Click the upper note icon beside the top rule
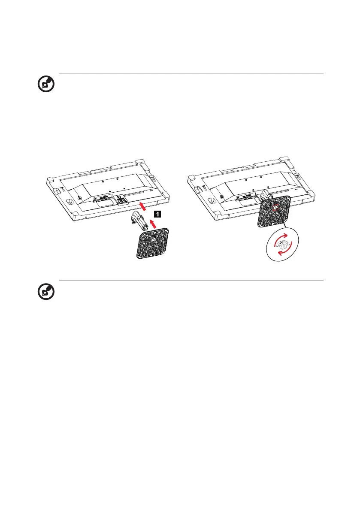click(46, 84)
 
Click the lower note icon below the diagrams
click(46, 292)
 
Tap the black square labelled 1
click(157, 214)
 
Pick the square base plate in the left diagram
click(153, 243)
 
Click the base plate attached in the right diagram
click(274, 212)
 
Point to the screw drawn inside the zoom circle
click(282, 245)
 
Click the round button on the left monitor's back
click(80, 197)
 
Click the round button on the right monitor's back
click(221, 197)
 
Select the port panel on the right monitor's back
click(244, 197)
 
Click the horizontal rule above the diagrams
click(191, 73)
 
